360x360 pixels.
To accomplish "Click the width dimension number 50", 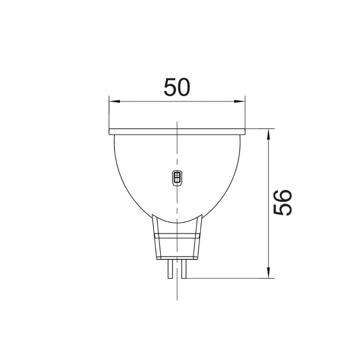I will pyautogui.click(x=177, y=87).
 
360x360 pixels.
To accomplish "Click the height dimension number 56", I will pyautogui.click(x=283, y=202).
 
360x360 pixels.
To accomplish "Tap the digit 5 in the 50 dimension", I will pyautogui.click(x=170, y=87).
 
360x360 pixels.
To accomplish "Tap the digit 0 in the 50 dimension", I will pyautogui.click(x=184, y=87).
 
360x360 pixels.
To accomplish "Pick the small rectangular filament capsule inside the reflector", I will pyautogui.click(x=176, y=177).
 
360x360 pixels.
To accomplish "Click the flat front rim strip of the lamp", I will pyautogui.click(x=177, y=132).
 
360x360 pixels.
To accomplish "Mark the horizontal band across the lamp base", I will pyautogui.click(x=177, y=234).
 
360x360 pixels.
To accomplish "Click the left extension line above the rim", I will pyautogui.click(x=109, y=112).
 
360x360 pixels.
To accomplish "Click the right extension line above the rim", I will pyautogui.click(x=245, y=112).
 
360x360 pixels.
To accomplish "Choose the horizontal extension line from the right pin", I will pyautogui.click(x=230, y=278).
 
